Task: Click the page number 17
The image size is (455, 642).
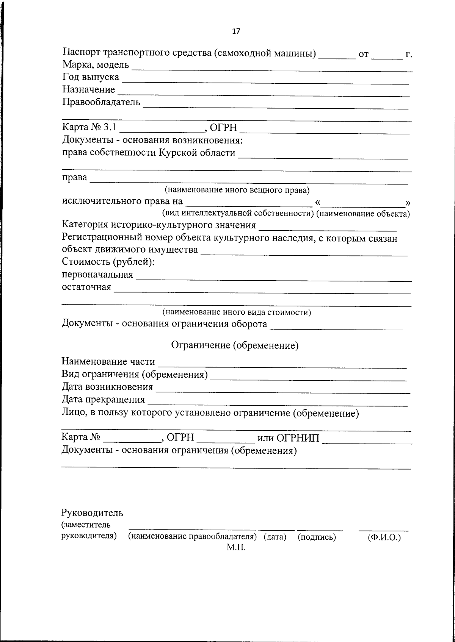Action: click(236, 31)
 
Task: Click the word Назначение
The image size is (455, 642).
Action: click(88, 90)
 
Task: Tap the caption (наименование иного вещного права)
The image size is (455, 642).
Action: click(237, 189)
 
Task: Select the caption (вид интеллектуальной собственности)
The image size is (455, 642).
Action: click(238, 213)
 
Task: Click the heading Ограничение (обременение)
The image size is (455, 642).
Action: click(235, 345)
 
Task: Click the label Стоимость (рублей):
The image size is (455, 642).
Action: click(108, 262)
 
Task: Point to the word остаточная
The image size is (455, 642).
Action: click(86, 287)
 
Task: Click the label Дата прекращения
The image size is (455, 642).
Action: click(103, 399)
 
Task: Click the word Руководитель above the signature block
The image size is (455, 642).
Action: click(92, 513)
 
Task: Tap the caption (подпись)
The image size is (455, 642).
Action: click(317, 537)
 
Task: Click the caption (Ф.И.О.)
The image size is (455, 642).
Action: click(384, 537)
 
